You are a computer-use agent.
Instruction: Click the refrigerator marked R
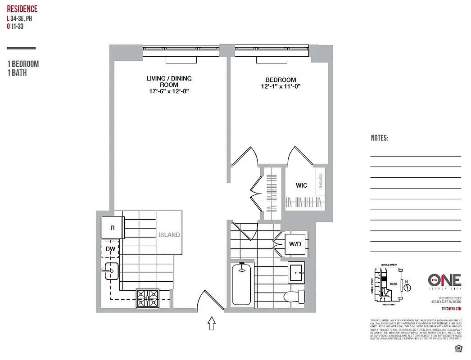112,228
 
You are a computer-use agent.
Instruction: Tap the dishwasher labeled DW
110,249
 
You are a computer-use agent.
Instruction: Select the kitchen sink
111,270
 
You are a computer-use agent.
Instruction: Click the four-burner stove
148,298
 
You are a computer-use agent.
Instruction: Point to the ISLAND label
169,234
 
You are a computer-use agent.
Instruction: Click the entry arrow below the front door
211,324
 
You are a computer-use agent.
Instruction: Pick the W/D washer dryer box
295,244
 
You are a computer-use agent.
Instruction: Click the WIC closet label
301,185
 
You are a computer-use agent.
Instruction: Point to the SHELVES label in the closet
321,181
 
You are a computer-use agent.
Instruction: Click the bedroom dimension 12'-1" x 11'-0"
280,86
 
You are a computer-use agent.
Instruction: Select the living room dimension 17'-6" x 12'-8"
169,91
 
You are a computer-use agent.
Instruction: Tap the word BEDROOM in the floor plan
281,80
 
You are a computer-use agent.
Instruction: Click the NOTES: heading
379,138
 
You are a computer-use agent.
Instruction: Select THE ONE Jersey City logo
444,281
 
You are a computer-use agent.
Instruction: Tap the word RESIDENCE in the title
22,9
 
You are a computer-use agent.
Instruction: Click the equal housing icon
459,347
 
